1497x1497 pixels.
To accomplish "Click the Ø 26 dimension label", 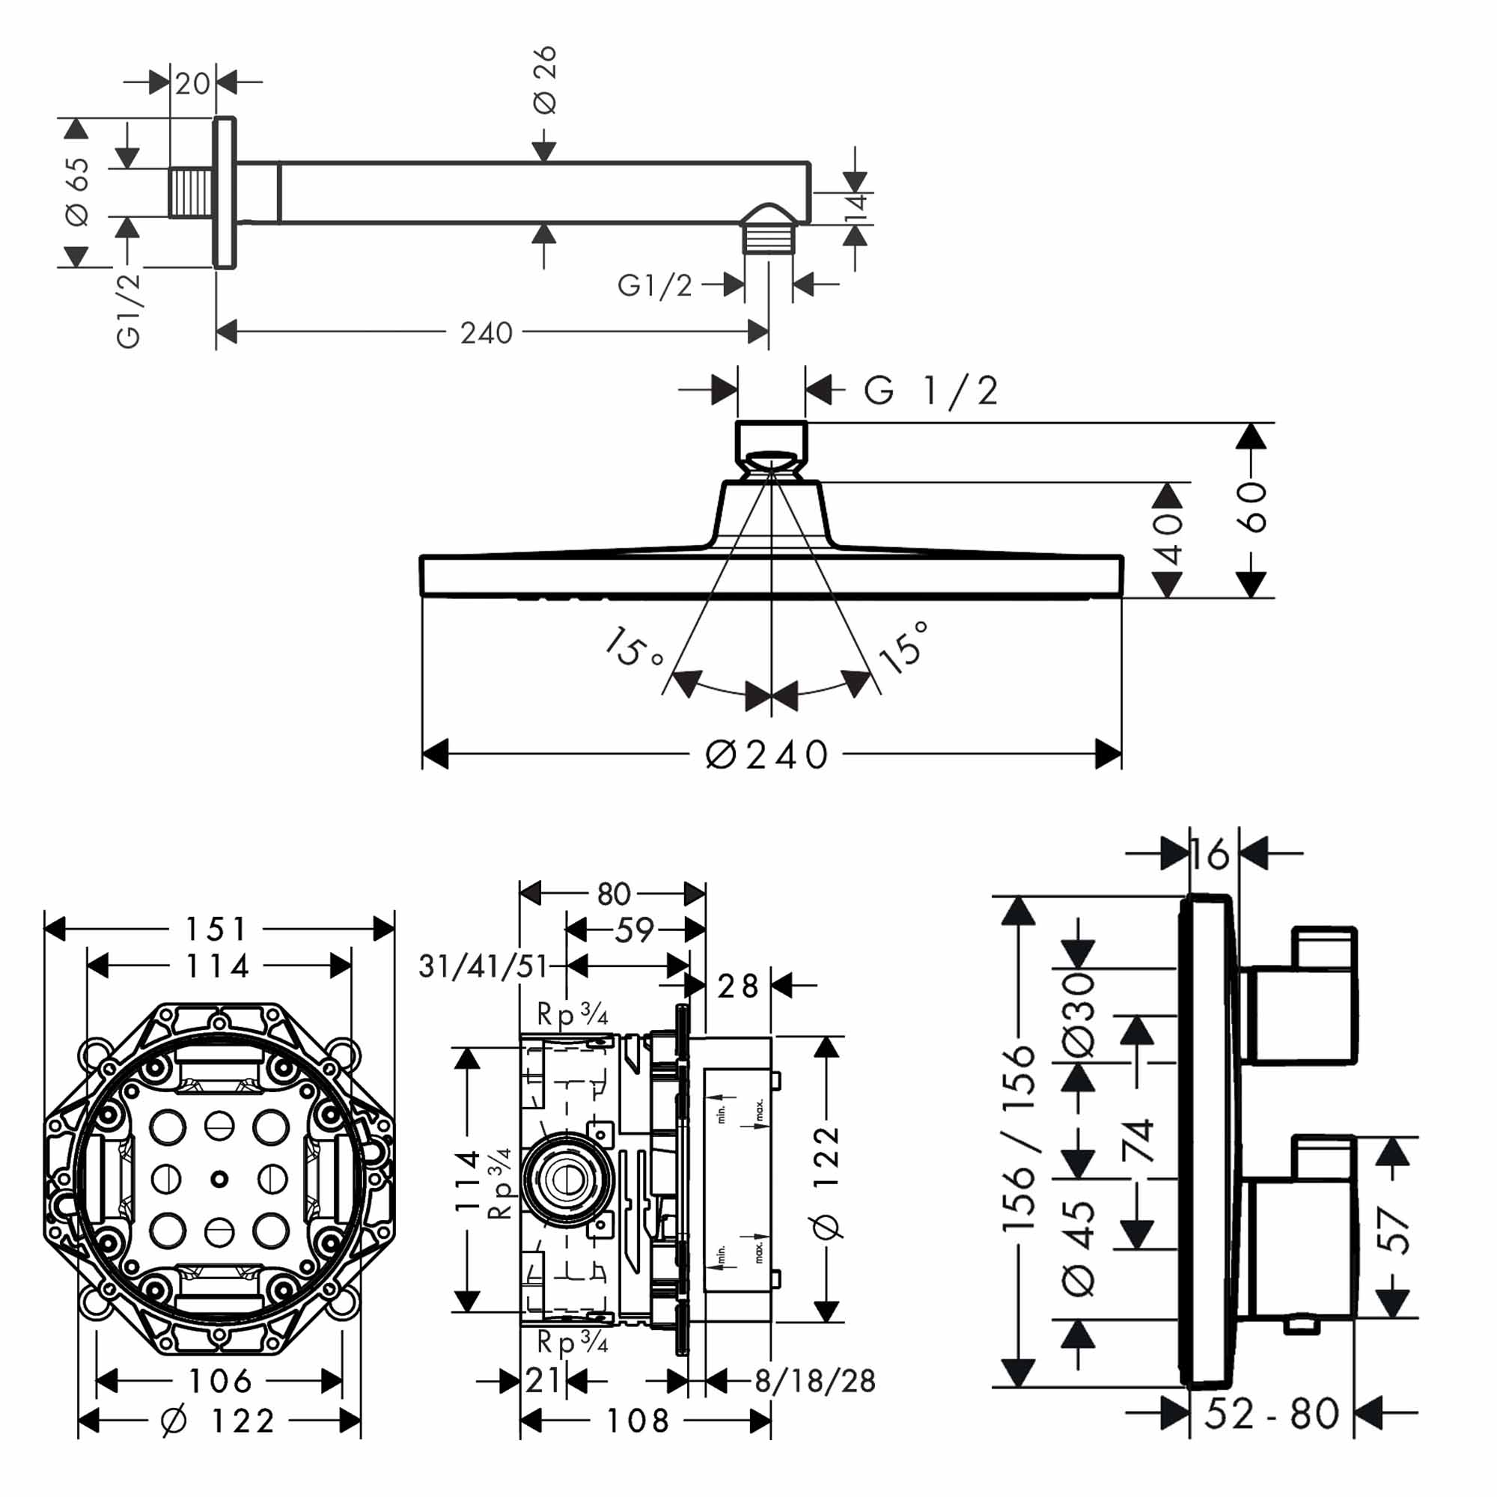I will pos(546,79).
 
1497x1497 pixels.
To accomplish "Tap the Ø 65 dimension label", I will pos(78,192).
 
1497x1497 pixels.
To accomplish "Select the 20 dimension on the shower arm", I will pos(192,83).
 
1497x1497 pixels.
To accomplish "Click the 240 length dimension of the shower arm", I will pos(486,333).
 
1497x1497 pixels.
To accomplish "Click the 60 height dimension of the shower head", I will pos(1251,507).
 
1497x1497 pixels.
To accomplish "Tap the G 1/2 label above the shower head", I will pos(930,391).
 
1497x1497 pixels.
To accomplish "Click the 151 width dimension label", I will pos(216,928).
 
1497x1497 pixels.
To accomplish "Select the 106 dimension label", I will pos(220,1380).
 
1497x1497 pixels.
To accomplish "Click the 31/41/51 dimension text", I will pos(483,966).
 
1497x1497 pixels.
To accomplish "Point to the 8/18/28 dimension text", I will pos(814,1380).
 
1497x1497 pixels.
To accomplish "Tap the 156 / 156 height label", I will pos(1018,1138).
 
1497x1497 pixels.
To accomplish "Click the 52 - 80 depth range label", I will pos(1271,1413).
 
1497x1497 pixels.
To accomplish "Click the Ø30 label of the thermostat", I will pos(1079,1015).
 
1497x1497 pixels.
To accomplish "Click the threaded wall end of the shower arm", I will pos(190,192).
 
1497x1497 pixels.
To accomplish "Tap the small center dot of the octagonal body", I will pos(219,1179).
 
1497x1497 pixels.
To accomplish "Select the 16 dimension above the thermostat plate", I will pos(1210,854).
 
